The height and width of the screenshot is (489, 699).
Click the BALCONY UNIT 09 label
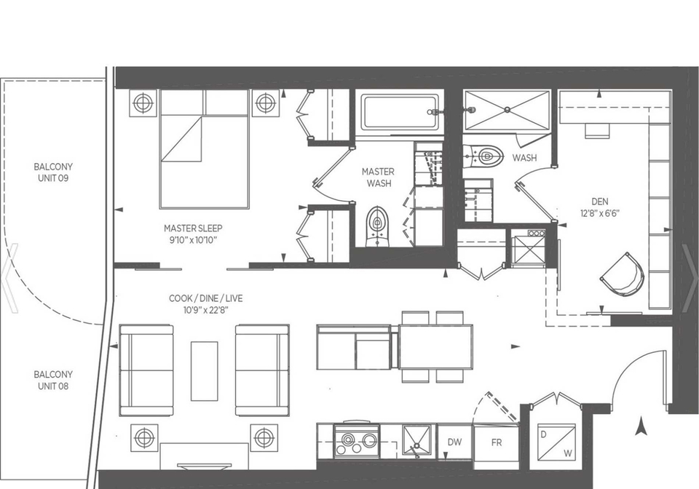click(x=53, y=172)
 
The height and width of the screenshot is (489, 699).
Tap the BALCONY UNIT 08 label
click(x=53, y=381)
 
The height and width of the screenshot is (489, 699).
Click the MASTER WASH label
click(x=378, y=178)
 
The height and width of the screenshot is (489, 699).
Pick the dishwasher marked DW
click(x=454, y=442)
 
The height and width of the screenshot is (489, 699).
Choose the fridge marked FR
click(x=496, y=442)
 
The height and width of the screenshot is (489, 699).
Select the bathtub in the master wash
click(x=401, y=112)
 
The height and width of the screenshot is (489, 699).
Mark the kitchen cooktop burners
click(x=357, y=442)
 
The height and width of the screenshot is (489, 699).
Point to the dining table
click(x=435, y=346)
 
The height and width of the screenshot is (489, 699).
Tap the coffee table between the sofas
click(x=204, y=371)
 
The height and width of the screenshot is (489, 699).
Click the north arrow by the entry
click(x=641, y=426)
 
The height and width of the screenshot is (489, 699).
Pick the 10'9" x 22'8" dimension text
click(x=205, y=310)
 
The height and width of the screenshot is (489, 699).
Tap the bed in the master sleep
click(x=204, y=149)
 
